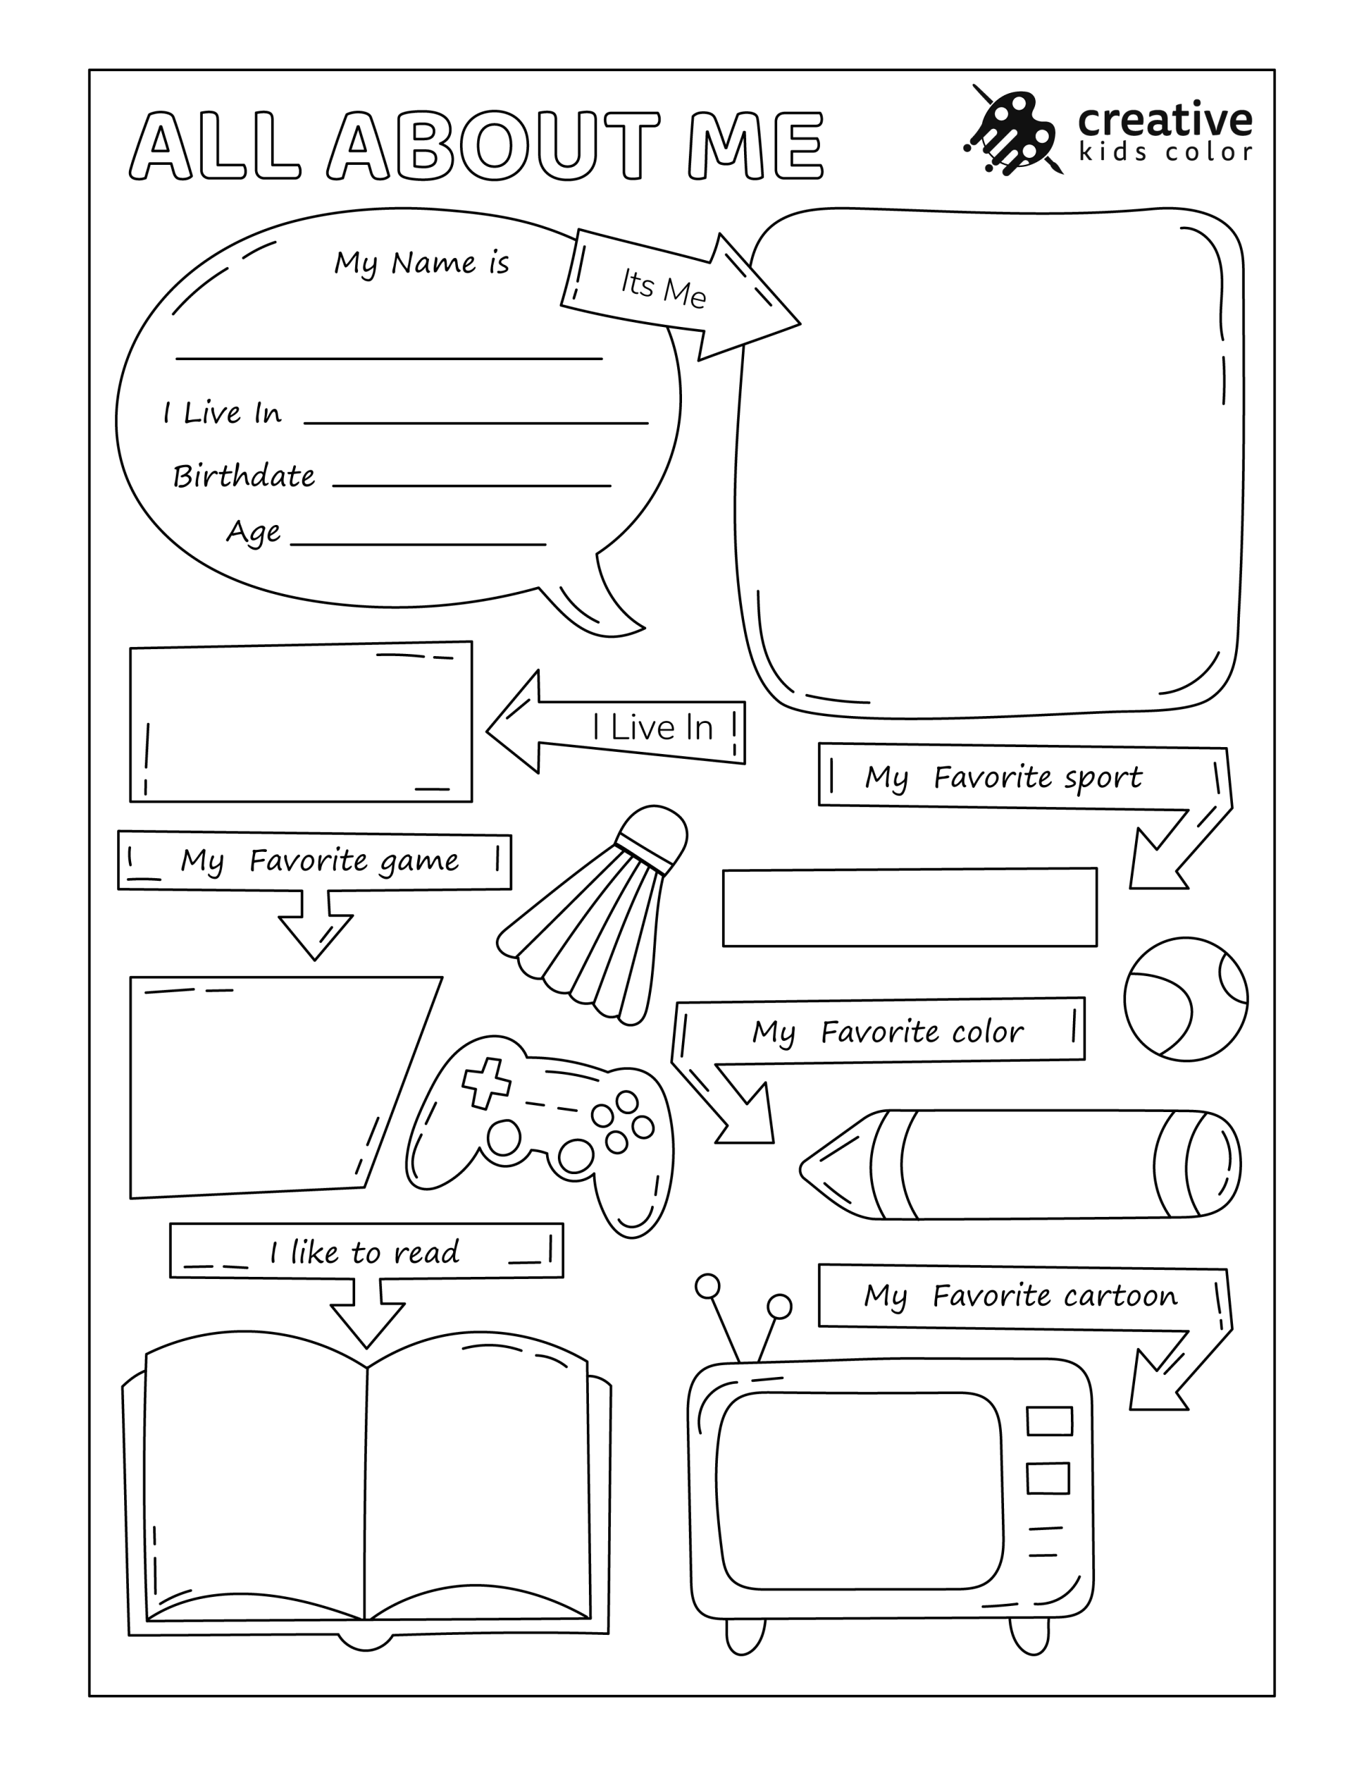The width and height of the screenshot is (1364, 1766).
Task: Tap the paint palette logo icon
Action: [1011, 130]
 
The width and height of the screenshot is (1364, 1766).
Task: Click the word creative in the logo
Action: [1164, 119]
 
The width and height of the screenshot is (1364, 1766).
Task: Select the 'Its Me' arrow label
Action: [663, 288]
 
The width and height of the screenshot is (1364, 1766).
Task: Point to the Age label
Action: [253, 532]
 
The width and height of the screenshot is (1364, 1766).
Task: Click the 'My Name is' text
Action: [421, 263]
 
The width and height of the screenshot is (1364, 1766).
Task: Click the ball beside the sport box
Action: [1185, 1000]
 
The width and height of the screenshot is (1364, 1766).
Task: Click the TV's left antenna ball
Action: [708, 1286]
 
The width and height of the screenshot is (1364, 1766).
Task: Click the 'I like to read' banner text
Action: [364, 1253]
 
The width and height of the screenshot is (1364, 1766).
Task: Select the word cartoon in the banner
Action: [1120, 1296]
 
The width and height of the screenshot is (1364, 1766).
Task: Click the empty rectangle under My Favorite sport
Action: [910, 907]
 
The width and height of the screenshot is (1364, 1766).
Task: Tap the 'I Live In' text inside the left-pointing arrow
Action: [652, 728]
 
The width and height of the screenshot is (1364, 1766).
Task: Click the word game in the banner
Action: [419, 861]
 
